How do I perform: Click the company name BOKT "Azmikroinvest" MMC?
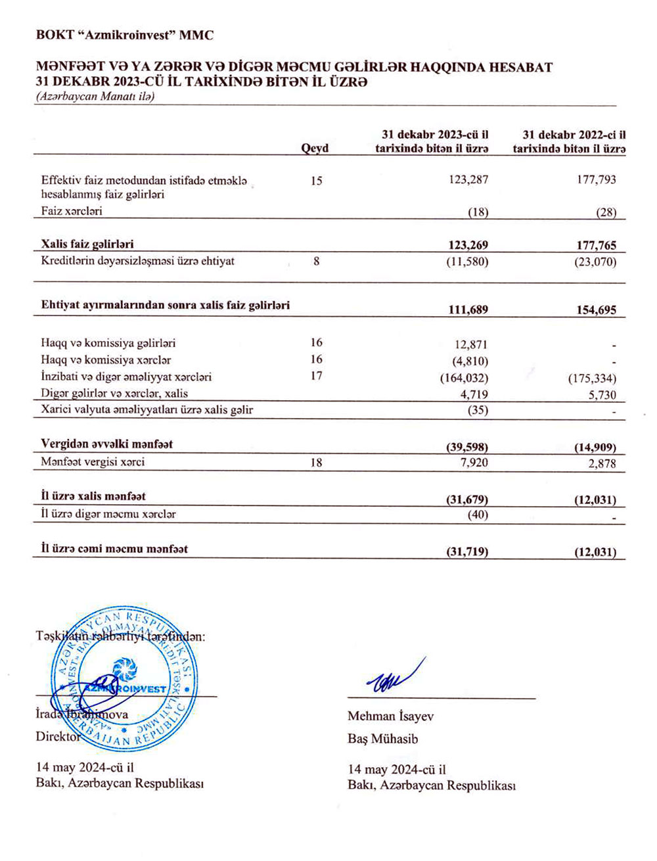click(125, 35)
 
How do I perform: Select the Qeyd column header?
click(315, 149)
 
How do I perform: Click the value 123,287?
click(468, 179)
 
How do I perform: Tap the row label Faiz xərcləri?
click(72, 212)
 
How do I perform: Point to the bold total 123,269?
click(468, 245)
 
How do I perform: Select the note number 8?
click(317, 262)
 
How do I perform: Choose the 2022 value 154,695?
click(597, 310)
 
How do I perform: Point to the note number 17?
click(317, 377)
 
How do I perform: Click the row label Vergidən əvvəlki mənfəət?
click(107, 444)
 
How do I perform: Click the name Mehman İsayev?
click(390, 716)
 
